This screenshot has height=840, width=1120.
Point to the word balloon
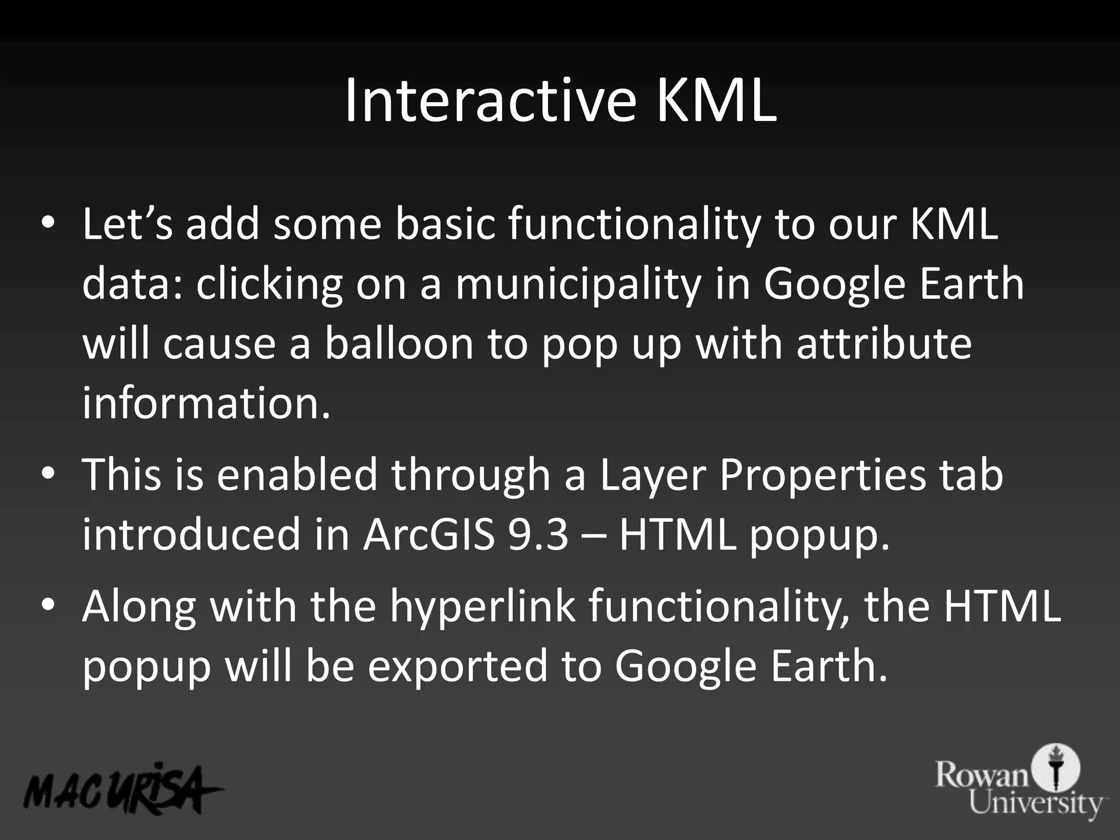coord(399,345)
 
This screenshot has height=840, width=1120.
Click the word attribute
coord(884,345)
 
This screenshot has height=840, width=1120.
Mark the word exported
coord(457,666)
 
